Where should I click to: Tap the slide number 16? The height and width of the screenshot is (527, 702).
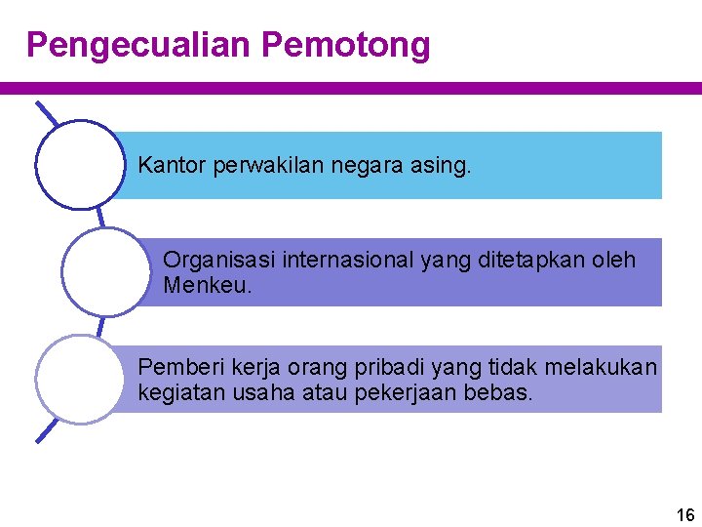tap(684, 514)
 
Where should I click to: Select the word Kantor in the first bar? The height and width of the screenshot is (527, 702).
tap(168, 165)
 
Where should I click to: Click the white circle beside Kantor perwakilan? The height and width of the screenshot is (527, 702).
tap(80, 165)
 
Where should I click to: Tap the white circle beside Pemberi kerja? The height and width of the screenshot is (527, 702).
tap(80, 379)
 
